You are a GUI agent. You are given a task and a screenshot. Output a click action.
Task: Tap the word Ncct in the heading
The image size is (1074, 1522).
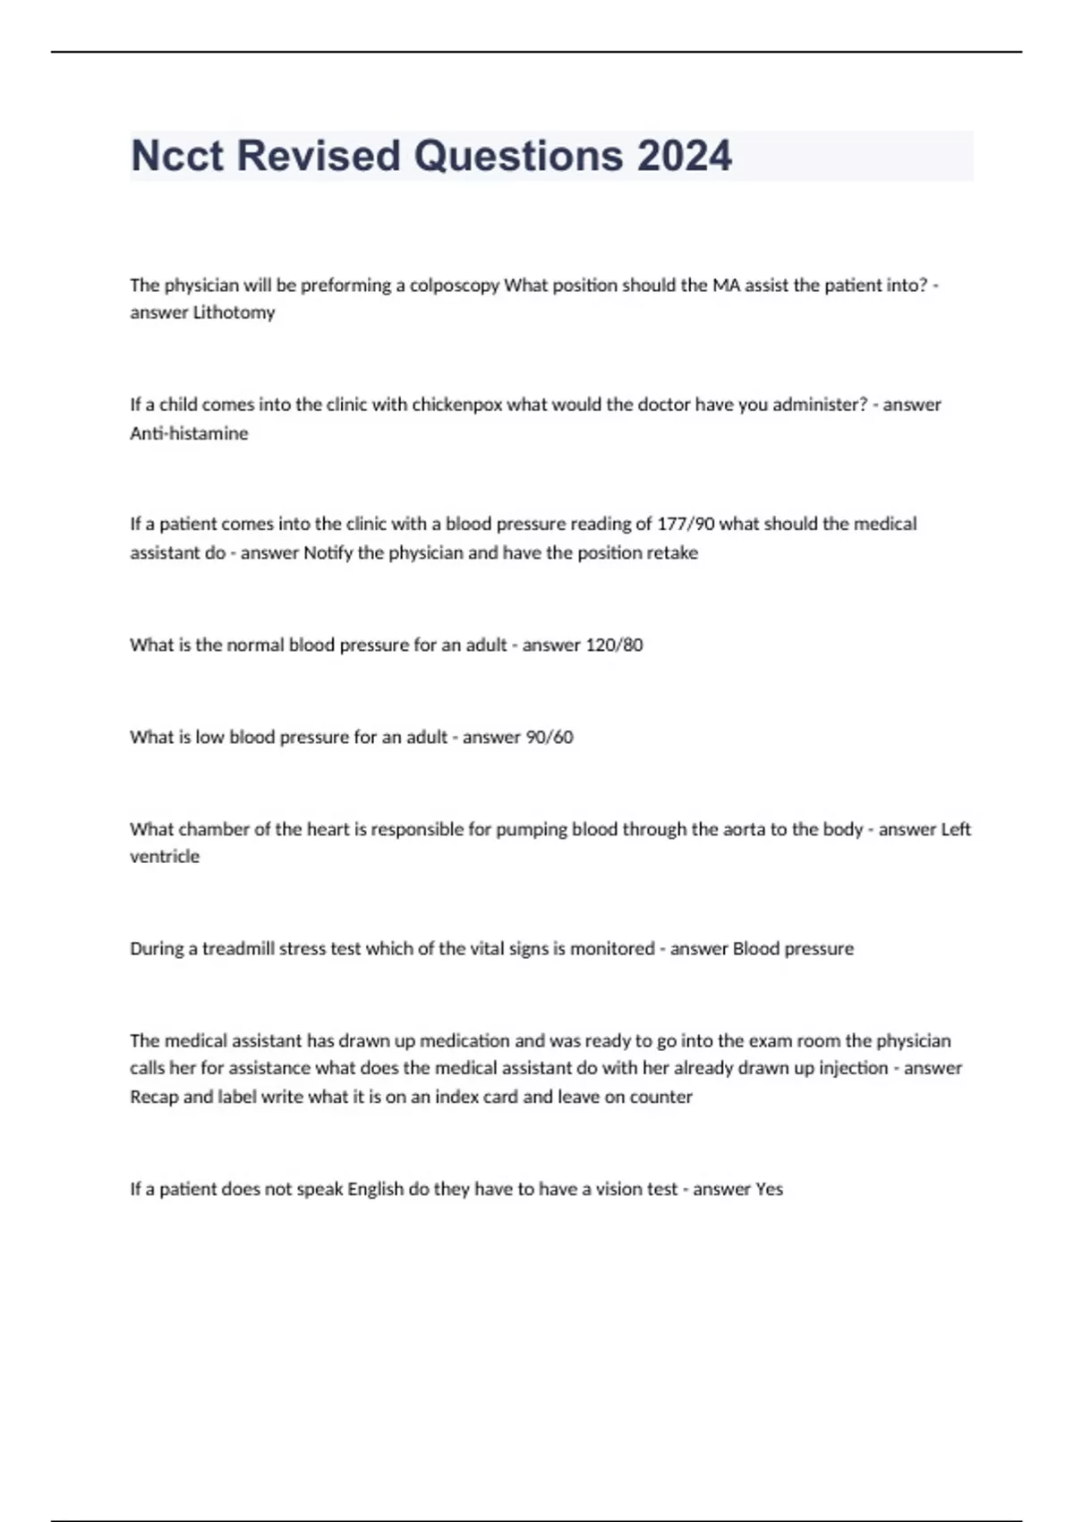(177, 156)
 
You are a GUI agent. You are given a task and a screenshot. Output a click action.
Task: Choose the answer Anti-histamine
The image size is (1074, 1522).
(189, 433)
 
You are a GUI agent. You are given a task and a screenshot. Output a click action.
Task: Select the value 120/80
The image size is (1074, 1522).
(613, 646)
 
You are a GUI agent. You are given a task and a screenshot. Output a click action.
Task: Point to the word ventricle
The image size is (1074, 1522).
(165, 857)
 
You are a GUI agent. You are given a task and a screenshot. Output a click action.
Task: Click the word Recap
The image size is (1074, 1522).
(154, 1098)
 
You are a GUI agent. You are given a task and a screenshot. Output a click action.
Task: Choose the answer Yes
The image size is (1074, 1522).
(769, 1190)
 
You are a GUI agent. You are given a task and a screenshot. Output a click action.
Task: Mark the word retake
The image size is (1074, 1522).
(672, 553)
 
